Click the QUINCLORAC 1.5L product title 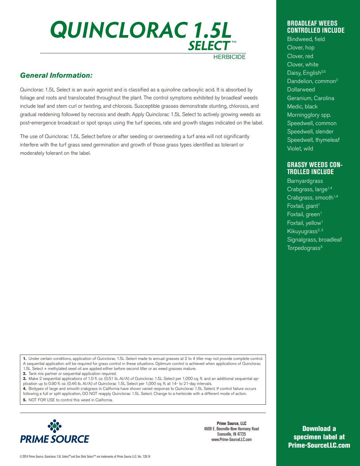[x=140, y=30]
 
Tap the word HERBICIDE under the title [x=229, y=57]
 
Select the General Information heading [x=56, y=75]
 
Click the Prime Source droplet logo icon [x=54, y=426]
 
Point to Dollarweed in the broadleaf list [x=301, y=89]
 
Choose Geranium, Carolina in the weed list [x=310, y=98]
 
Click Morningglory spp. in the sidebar [x=309, y=115]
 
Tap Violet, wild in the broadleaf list [x=300, y=148]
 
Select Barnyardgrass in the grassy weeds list [x=305, y=181]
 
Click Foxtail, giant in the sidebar [x=303, y=206]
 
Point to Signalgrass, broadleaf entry [x=314, y=240]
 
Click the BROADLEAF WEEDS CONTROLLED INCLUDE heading [x=316, y=27]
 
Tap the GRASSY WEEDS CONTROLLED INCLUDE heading [x=315, y=168]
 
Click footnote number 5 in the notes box [x=25, y=400]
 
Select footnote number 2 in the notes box [x=25, y=374]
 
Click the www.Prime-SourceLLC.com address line [x=231, y=440]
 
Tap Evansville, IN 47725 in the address [x=231, y=434]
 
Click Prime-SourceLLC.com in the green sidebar [x=319, y=445]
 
